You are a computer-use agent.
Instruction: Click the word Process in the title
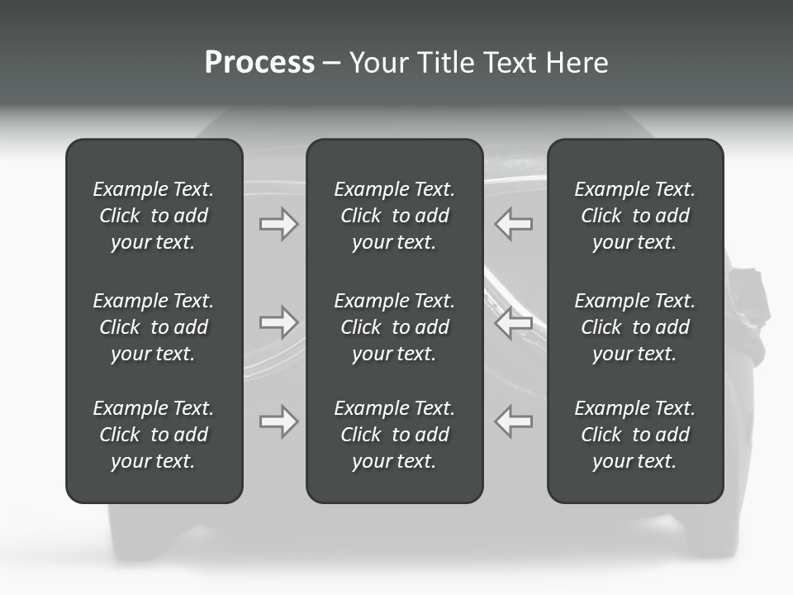point(259,63)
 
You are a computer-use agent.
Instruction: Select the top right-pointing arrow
point(279,224)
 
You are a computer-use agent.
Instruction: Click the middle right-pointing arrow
point(279,322)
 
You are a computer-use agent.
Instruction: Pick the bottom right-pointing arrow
point(279,421)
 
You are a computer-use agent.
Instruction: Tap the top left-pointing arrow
point(513,224)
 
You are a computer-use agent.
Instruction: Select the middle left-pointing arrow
point(513,322)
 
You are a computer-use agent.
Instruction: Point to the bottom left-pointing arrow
point(513,421)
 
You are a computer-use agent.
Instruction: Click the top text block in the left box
point(154,216)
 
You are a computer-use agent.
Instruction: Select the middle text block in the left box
point(154,327)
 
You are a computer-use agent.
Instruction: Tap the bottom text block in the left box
point(154,435)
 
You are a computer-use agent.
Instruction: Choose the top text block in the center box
point(394,216)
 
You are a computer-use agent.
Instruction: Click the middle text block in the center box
point(394,327)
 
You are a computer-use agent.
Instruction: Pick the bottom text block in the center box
point(394,435)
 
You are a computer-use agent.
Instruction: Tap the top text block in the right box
point(634,216)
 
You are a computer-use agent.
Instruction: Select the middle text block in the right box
point(634,327)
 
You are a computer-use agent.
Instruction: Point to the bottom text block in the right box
point(634,435)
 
